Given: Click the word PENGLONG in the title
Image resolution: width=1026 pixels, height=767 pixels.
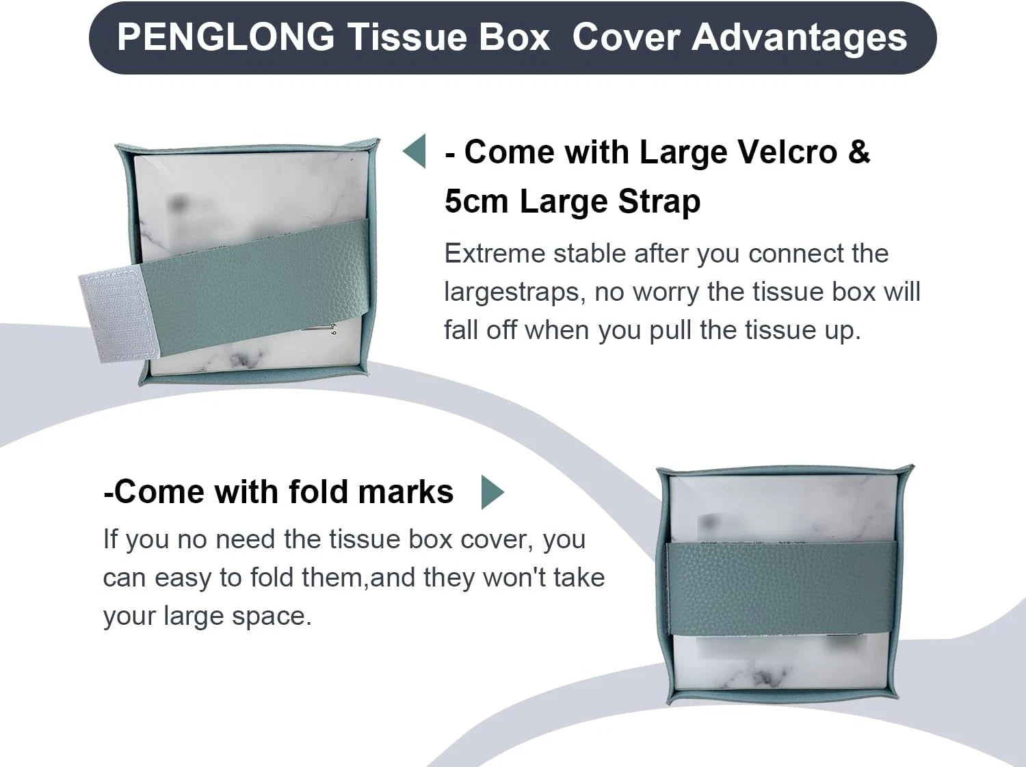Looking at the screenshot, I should [225, 37].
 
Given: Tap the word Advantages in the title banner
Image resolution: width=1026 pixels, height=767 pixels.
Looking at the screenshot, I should [800, 37].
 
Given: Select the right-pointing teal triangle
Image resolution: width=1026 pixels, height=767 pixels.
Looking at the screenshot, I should [492, 492].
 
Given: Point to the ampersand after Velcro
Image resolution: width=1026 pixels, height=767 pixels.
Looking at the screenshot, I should [859, 152].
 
